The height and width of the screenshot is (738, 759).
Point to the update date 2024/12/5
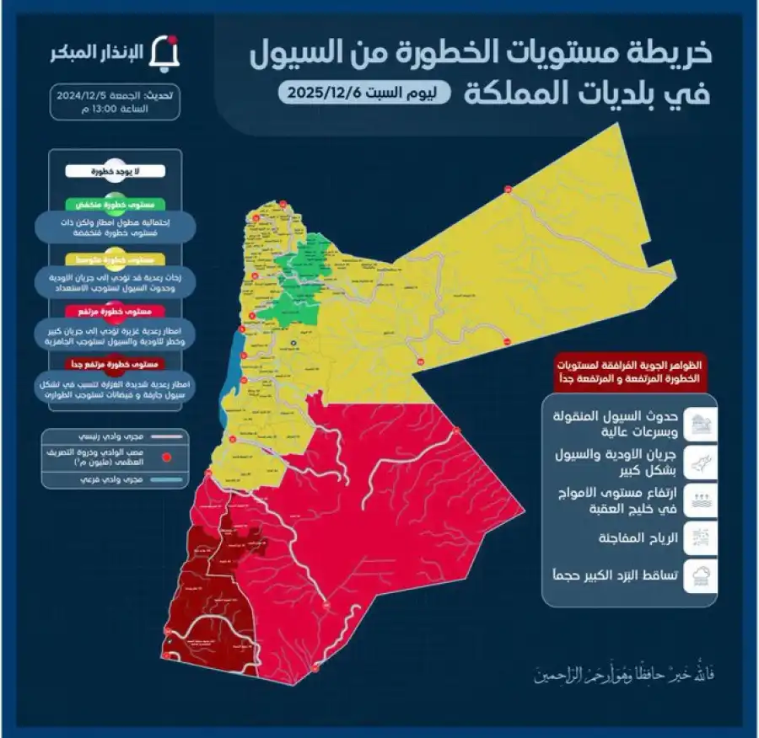(84, 96)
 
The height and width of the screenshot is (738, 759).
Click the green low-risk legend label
(116, 205)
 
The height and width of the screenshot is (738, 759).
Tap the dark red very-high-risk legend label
(116, 363)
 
